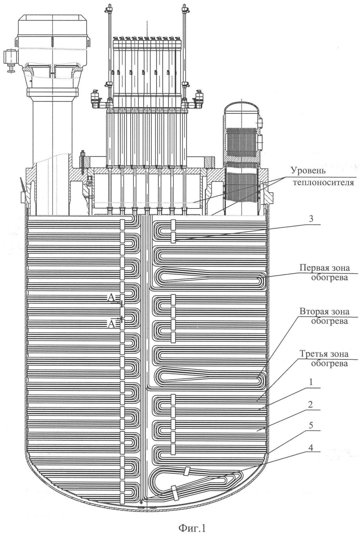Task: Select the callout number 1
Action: tap(311, 382)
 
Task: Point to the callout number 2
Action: tap(311, 404)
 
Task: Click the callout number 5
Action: tap(311, 426)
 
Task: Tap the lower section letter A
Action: tap(111, 323)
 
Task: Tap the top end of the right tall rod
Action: tap(184, 7)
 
